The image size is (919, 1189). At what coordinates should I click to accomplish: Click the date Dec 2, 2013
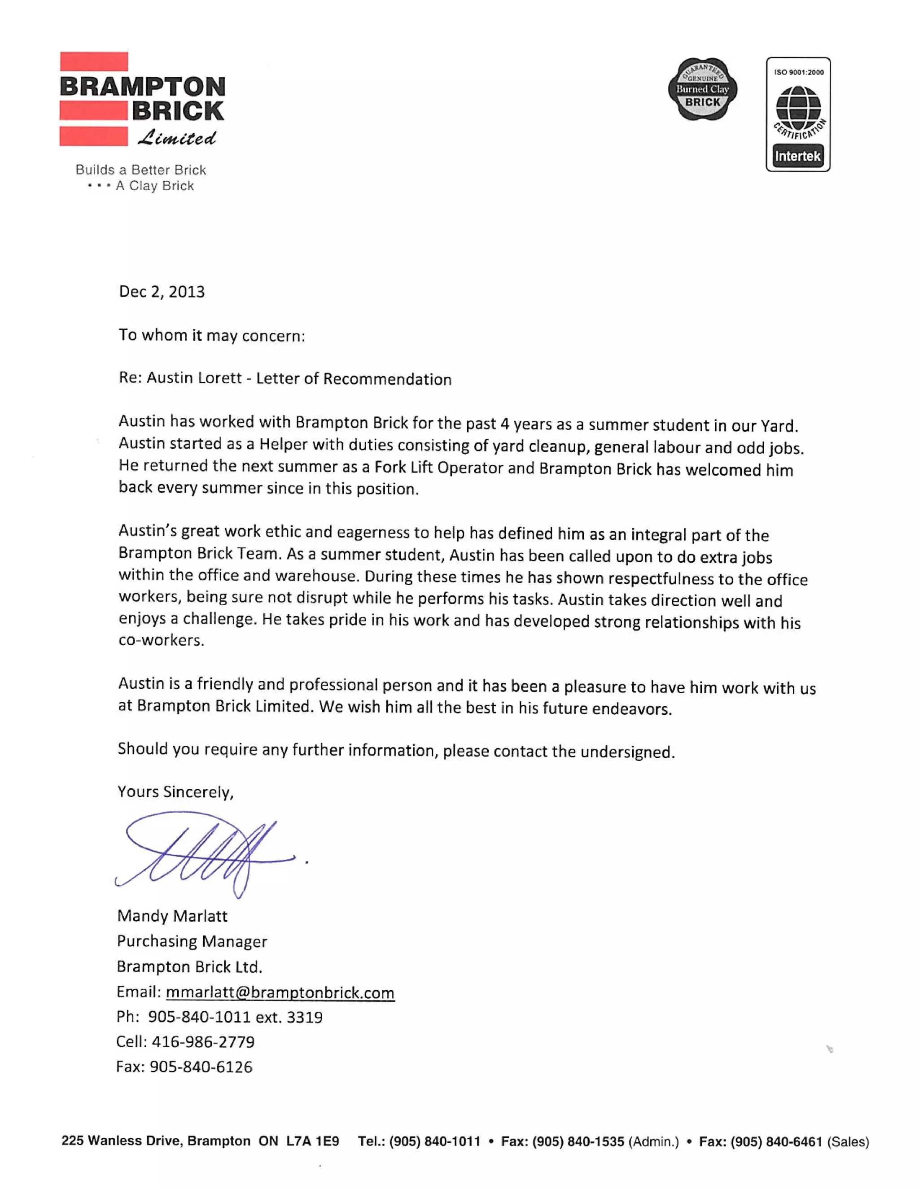[x=162, y=292]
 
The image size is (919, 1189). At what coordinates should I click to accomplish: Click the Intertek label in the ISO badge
[x=797, y=156]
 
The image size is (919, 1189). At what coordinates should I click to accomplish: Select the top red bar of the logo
[x=94, y=61]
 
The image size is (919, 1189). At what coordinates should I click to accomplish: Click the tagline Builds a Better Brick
[x=141, y=170]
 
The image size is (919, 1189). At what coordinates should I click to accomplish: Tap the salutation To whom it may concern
[x=212, y=335]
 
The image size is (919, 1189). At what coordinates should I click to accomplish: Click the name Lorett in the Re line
[x=220, y=378]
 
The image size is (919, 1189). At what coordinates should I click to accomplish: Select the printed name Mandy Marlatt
[x=172, y=916]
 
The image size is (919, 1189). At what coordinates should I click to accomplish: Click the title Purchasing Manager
[x=192, y=941]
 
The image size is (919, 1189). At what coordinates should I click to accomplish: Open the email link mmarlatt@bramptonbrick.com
[x=280, y=992]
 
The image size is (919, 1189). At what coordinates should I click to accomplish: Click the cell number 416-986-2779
[x=202, y=1041]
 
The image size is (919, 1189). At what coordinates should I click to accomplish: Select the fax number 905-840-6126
[x=201, y=1067]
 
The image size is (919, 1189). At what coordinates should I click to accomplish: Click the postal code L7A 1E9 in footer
[x=312, y=1141]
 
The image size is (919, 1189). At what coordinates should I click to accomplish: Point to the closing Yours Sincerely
[x=175, y=792]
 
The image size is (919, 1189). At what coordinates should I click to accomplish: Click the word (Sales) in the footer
[x=848, y=1141]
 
